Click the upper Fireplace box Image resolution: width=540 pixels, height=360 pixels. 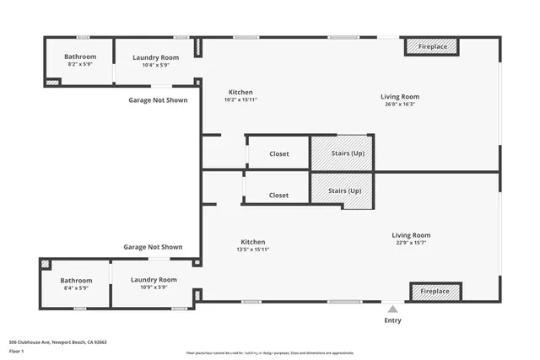433,47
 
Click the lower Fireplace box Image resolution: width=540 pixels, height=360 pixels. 435,291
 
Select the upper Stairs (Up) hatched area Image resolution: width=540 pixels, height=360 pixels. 341,153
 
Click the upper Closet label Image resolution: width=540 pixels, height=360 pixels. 278,154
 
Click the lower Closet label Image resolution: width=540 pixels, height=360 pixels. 278,195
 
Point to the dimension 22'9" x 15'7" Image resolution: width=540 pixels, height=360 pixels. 411,243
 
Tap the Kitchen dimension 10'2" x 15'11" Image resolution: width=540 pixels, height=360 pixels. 240,99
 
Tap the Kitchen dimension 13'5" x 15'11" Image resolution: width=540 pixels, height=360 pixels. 252,250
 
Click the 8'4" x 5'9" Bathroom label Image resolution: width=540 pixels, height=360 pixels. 74,287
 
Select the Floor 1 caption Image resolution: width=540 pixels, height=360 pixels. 17,351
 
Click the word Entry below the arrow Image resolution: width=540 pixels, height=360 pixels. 393,320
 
